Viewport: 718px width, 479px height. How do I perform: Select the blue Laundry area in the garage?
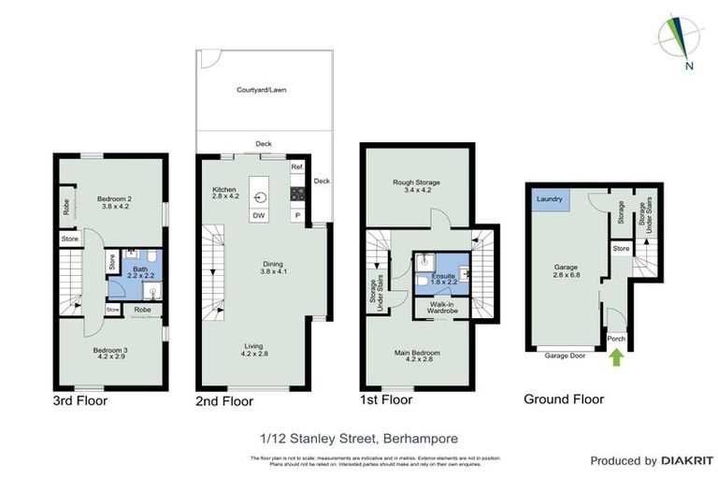pos(548,199)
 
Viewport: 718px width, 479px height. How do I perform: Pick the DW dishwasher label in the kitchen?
pos(257,217)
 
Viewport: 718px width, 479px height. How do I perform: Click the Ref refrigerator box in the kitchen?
pos(296,167)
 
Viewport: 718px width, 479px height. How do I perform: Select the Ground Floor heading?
pos(564,399)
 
